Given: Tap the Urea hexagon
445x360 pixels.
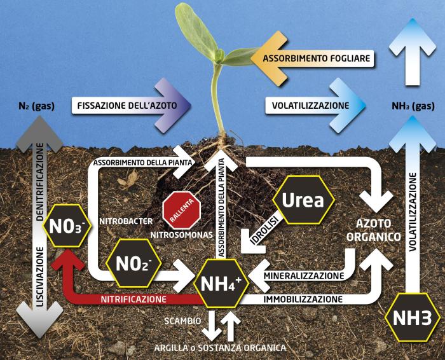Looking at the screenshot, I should (303, 200).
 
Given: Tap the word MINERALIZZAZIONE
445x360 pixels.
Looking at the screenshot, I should (304, 276).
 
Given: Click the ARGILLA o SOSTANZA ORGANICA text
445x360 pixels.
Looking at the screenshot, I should (219, 347).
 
